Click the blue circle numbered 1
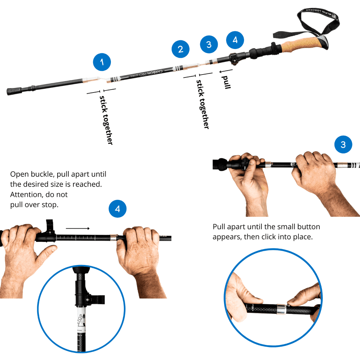click(102, 62)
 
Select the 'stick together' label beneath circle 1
click(106, 120)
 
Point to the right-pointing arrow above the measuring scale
click(77, 228)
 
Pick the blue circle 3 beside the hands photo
click(343, 145)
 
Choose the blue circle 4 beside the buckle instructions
click(117, 209)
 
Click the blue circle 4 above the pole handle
click(235, 40)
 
